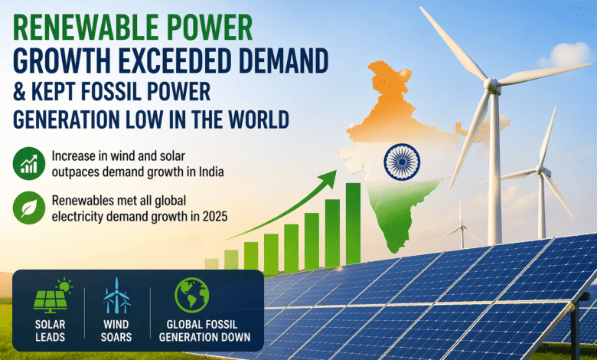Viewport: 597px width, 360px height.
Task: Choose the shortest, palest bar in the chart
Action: pos(211,263)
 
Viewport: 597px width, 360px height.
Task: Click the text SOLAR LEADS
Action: pos(50,330)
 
